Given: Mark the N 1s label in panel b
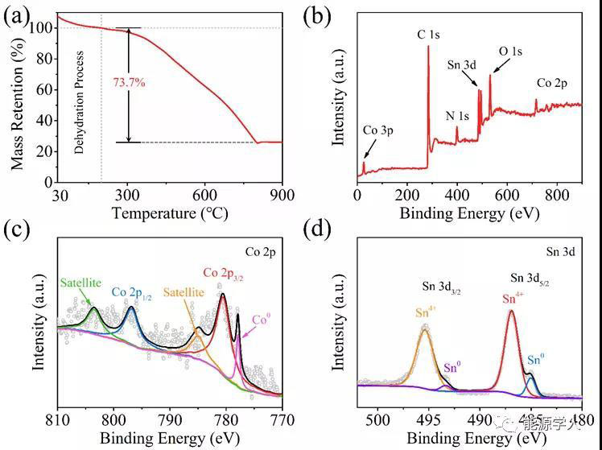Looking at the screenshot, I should click(458, 115).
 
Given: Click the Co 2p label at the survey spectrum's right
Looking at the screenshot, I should click(552, 84).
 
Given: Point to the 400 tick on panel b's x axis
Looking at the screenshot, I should click(457, 196).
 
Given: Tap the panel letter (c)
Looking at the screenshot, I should click(18, 231).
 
